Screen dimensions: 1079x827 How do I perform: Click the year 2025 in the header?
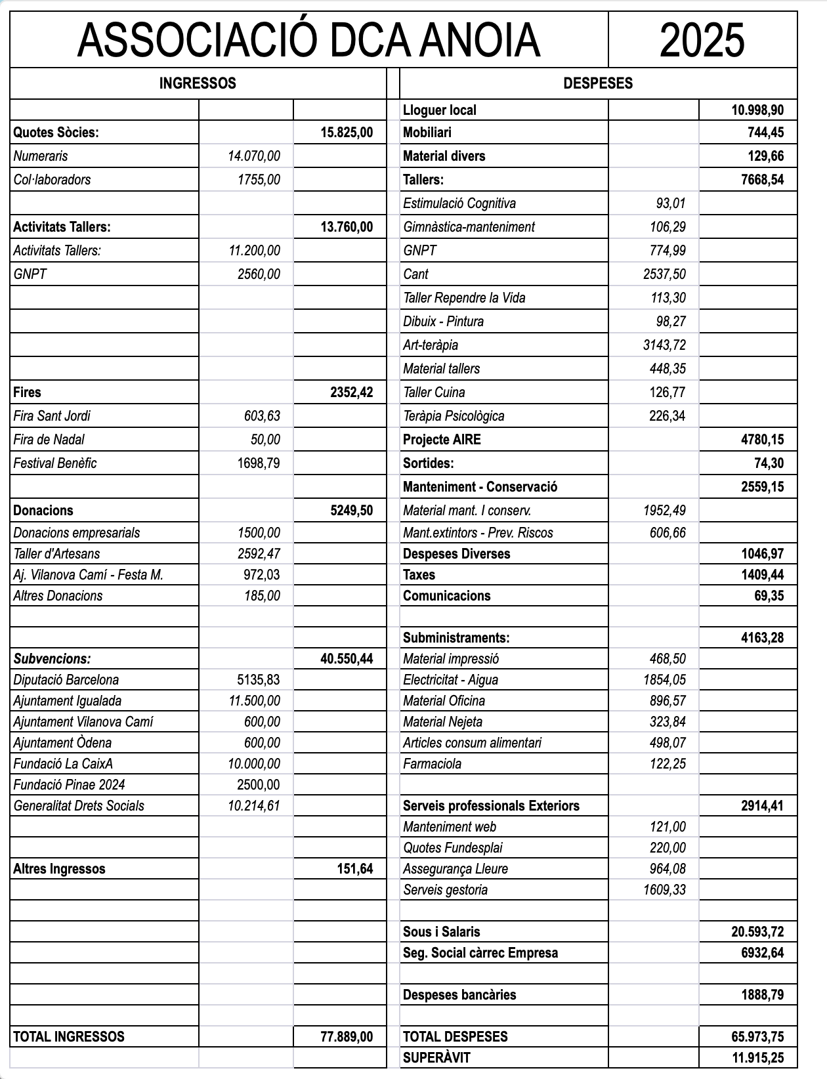click(702, 40)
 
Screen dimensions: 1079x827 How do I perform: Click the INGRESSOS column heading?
click(198, 83)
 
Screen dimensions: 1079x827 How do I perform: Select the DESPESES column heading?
click(598, 83)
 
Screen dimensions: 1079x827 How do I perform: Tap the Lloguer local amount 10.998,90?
click(757, 110)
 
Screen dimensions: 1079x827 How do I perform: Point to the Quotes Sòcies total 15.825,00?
click(347, 133)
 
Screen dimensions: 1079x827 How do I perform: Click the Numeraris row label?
click(41, 156)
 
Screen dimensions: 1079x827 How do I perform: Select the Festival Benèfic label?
click(55, 463)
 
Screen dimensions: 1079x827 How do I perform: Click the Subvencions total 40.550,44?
click(347, 659)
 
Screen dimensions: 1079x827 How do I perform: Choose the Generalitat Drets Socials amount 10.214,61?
click(254, 806)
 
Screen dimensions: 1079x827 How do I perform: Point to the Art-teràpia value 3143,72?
click(664, 345)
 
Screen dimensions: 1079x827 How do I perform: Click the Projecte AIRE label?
click(442, 440)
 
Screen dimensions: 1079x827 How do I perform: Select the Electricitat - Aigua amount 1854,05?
click(664, 680)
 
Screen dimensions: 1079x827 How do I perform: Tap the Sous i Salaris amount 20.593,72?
click(757, 932)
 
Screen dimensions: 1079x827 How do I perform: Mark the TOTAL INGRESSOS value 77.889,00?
click(347, 1037)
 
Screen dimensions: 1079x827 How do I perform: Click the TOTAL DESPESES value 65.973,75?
click(757, 1037)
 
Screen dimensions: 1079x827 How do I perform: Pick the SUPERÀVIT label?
click(436, 1058)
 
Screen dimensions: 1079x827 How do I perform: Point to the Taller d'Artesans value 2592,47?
click(259, 554)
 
